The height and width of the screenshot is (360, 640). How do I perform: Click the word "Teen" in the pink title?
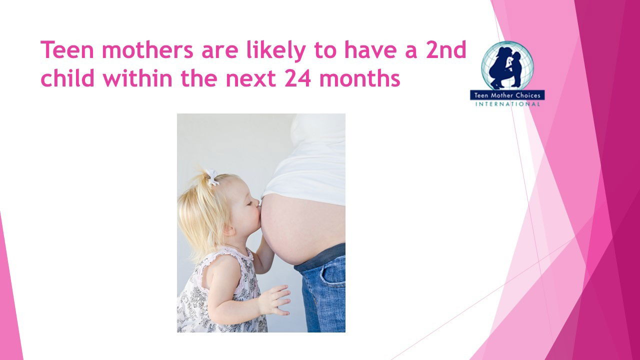click(67, 49)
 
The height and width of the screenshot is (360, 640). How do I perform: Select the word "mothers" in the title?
click(147, 49)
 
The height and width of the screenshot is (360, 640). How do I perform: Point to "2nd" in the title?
click(446, 49)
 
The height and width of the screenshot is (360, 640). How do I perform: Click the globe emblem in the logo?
click(507, 65)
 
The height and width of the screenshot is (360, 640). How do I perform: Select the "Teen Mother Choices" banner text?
click(507, 95)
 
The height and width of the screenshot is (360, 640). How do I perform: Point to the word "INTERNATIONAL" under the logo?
click(507, 104)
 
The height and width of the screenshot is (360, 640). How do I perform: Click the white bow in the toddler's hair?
click(211, 177)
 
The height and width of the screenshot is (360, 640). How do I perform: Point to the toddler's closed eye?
click(249, 203)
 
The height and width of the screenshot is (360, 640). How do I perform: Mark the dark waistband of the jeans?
click(320, 257)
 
